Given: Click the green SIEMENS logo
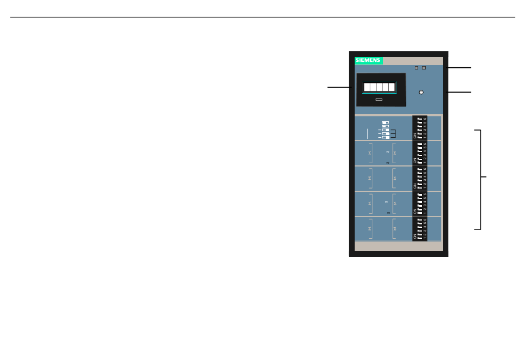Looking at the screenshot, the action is coord(368,60).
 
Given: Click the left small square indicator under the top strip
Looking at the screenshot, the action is coord(416,68).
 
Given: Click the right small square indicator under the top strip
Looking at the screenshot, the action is coord(424,68).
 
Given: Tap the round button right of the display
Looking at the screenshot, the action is coord(421,92).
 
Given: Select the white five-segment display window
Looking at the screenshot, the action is coord(379,87).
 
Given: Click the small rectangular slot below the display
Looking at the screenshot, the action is coord(379,100).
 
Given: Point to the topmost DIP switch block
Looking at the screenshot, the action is coord(420,128).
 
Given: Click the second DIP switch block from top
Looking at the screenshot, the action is coord(420,153).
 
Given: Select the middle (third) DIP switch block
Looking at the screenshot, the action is coord(420,178).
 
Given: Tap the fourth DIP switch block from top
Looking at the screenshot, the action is coord(420,203).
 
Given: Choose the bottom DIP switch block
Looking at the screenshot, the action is coord(420,228).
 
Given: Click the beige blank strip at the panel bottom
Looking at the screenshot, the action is coord(398,246).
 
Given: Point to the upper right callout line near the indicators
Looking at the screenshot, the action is coord(460,67).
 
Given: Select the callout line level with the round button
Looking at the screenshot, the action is coord(460,92).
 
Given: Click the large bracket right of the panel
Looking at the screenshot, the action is coord(480,179).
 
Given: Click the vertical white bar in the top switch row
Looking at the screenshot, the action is coord(367,133).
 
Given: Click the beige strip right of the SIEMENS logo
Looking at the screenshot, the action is coord(412,60).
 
